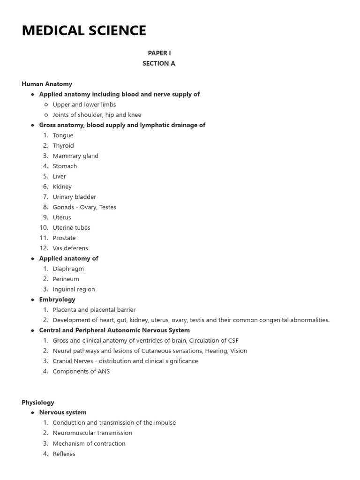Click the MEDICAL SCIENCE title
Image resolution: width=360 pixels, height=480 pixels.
tap(84, 30)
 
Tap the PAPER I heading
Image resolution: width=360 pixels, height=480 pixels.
tap(159, 53)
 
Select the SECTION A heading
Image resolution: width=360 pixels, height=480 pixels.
tap(159, 63)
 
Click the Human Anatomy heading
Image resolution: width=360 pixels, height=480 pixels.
tap(47, 84)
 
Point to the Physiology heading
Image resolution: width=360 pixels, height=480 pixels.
tap(38, 402)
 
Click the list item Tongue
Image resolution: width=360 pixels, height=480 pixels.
tap(63, 135)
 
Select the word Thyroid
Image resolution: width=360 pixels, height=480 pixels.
tap(63, 146)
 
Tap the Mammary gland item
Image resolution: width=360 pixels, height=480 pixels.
tap(75, 156)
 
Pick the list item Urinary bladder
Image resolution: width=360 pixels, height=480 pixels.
tap(74, 197)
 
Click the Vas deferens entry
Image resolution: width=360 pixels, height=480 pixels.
tap(70, 248)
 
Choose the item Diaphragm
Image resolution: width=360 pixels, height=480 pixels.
tap(68, 269)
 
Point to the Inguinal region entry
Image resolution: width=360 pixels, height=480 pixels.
tap(74, 289)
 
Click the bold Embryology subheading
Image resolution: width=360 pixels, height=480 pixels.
tap(57, 300)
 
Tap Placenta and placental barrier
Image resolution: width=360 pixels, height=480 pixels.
tap(94, 310)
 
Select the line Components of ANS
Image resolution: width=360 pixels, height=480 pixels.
tap(81, 371)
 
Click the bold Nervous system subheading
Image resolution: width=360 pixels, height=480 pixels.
tap(63, 412)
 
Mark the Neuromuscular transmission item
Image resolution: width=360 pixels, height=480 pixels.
tap(92, 433)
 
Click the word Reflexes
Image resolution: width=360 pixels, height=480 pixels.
tap(64, 454)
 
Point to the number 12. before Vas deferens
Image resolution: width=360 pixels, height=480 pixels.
tap(44, 248)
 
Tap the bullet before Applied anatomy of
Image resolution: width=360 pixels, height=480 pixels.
tap(32, 259)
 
